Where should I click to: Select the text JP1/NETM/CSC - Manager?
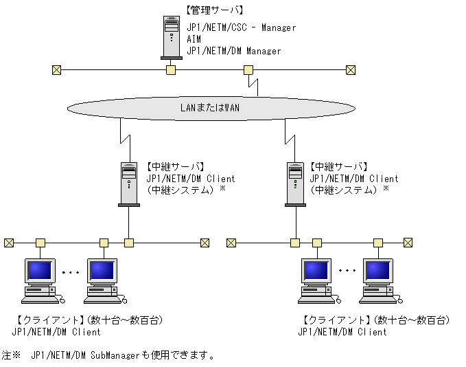click(x=241, y=28)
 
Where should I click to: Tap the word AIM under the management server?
click(x=194, y=40)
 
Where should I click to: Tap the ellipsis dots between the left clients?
click(x=71, y=273)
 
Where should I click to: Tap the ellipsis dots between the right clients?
click(x=347, y=269)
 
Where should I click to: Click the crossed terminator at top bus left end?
click(x=56, y=69)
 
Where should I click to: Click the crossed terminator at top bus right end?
click(x=351, y=69)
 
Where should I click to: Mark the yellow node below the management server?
click(x=171, y=69)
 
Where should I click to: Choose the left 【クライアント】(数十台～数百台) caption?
click(x=89, y=321)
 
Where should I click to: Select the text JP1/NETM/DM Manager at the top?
click(x=234, y=51)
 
